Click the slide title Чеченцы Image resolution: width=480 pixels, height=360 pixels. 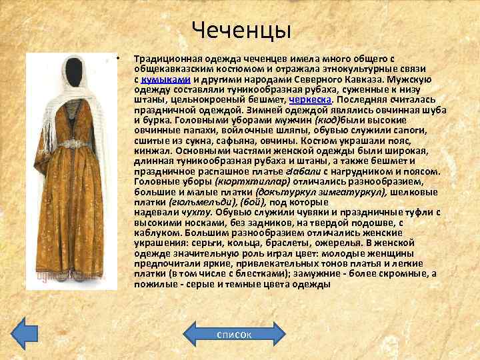(241, 30)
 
